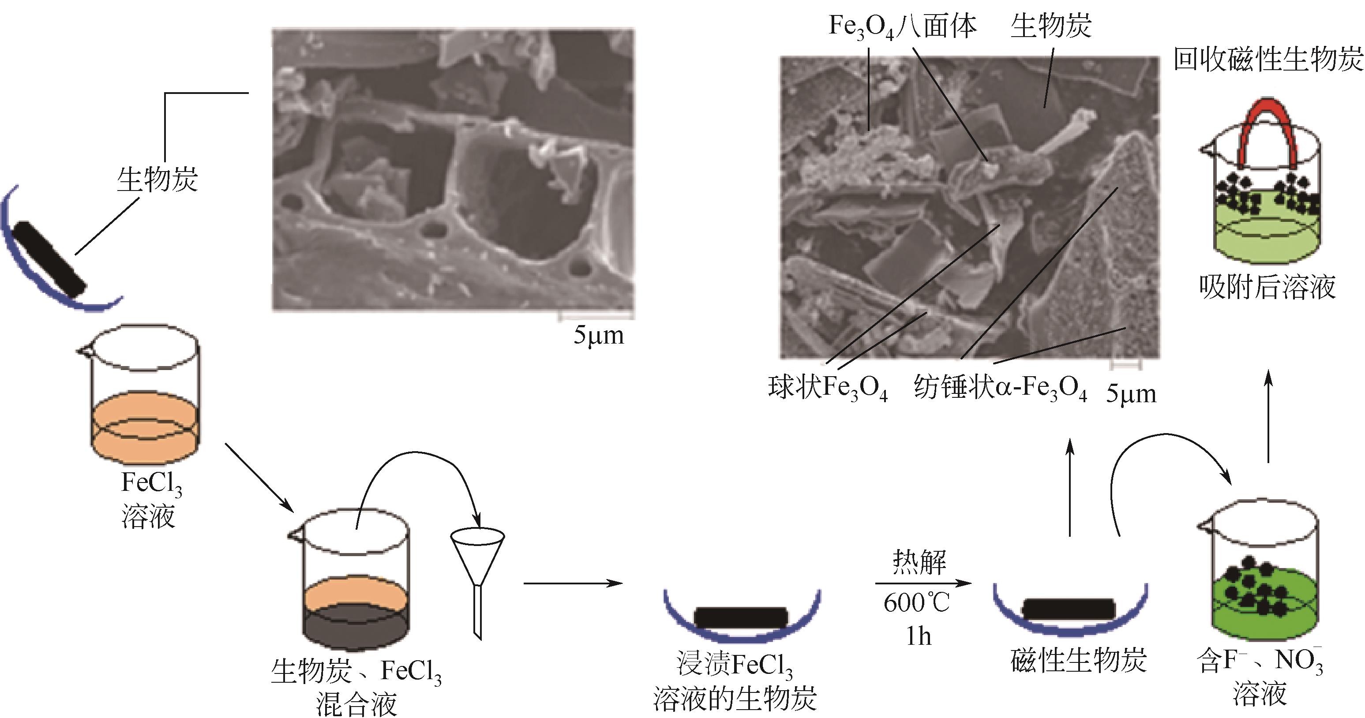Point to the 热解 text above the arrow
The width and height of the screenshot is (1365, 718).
[919, 562]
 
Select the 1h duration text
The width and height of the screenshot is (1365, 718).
[918, 636]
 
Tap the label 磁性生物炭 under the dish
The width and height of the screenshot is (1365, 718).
[1079, 660]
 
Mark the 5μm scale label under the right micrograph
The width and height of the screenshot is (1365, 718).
[1131, 394]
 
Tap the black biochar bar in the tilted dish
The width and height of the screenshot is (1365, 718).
[50, 260]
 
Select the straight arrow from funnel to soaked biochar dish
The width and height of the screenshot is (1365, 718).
[572, 583]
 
